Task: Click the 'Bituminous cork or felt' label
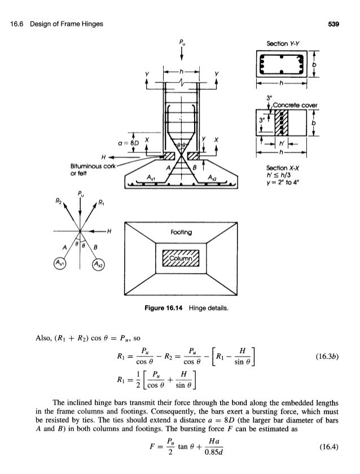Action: (x=90, y=170)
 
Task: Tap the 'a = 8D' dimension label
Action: (x=126, y=142)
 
